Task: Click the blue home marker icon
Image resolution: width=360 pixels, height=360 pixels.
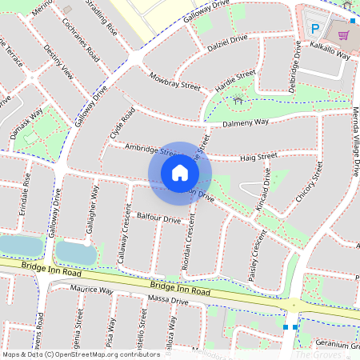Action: [180, 172]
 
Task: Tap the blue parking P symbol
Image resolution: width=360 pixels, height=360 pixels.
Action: [314, 28]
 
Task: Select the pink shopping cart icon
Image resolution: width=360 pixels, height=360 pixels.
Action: [343, 36]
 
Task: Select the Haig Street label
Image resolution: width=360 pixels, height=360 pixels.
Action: [257, 155]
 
